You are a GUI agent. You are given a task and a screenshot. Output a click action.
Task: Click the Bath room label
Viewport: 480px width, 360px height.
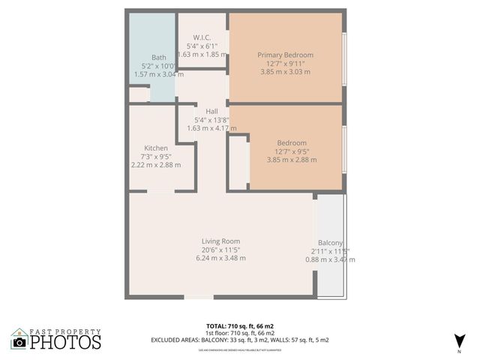pos(159,58)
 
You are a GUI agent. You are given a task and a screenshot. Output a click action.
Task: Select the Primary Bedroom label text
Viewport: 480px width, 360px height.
pos(285,55)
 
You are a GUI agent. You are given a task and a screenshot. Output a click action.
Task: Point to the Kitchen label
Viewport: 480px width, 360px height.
pos(156,148)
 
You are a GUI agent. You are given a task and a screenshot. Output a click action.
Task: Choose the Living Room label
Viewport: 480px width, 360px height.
pos(220,241)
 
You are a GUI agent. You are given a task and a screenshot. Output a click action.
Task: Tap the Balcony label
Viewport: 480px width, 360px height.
pos(330,243)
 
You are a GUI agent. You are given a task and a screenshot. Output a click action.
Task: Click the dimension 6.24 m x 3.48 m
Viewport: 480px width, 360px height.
pos(220,259)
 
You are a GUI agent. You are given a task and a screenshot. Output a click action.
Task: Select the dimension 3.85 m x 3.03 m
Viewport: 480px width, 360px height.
pos(285,72)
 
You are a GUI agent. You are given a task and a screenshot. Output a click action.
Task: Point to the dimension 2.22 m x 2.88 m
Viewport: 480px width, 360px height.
pos(156,165)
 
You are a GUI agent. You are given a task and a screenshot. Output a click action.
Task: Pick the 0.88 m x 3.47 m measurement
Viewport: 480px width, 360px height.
pos(330,259)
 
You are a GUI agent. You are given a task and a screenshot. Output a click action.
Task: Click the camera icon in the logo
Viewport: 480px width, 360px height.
pos(20,343)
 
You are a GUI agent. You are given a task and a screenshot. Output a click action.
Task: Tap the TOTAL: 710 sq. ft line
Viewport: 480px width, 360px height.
pos(240,325)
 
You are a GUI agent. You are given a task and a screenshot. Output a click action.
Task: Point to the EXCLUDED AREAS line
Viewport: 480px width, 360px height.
pos(240,340)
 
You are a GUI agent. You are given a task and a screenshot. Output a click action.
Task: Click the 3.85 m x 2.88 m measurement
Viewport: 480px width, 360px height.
pos(292,160)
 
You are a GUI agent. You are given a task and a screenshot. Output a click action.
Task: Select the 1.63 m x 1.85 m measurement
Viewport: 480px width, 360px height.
pos(202,54)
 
